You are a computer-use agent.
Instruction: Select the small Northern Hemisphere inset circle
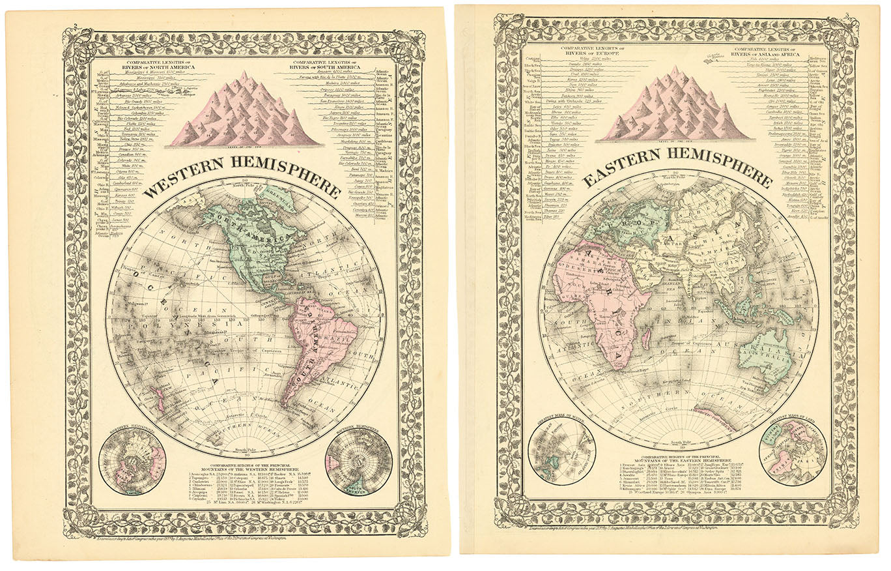pos(132,461)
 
